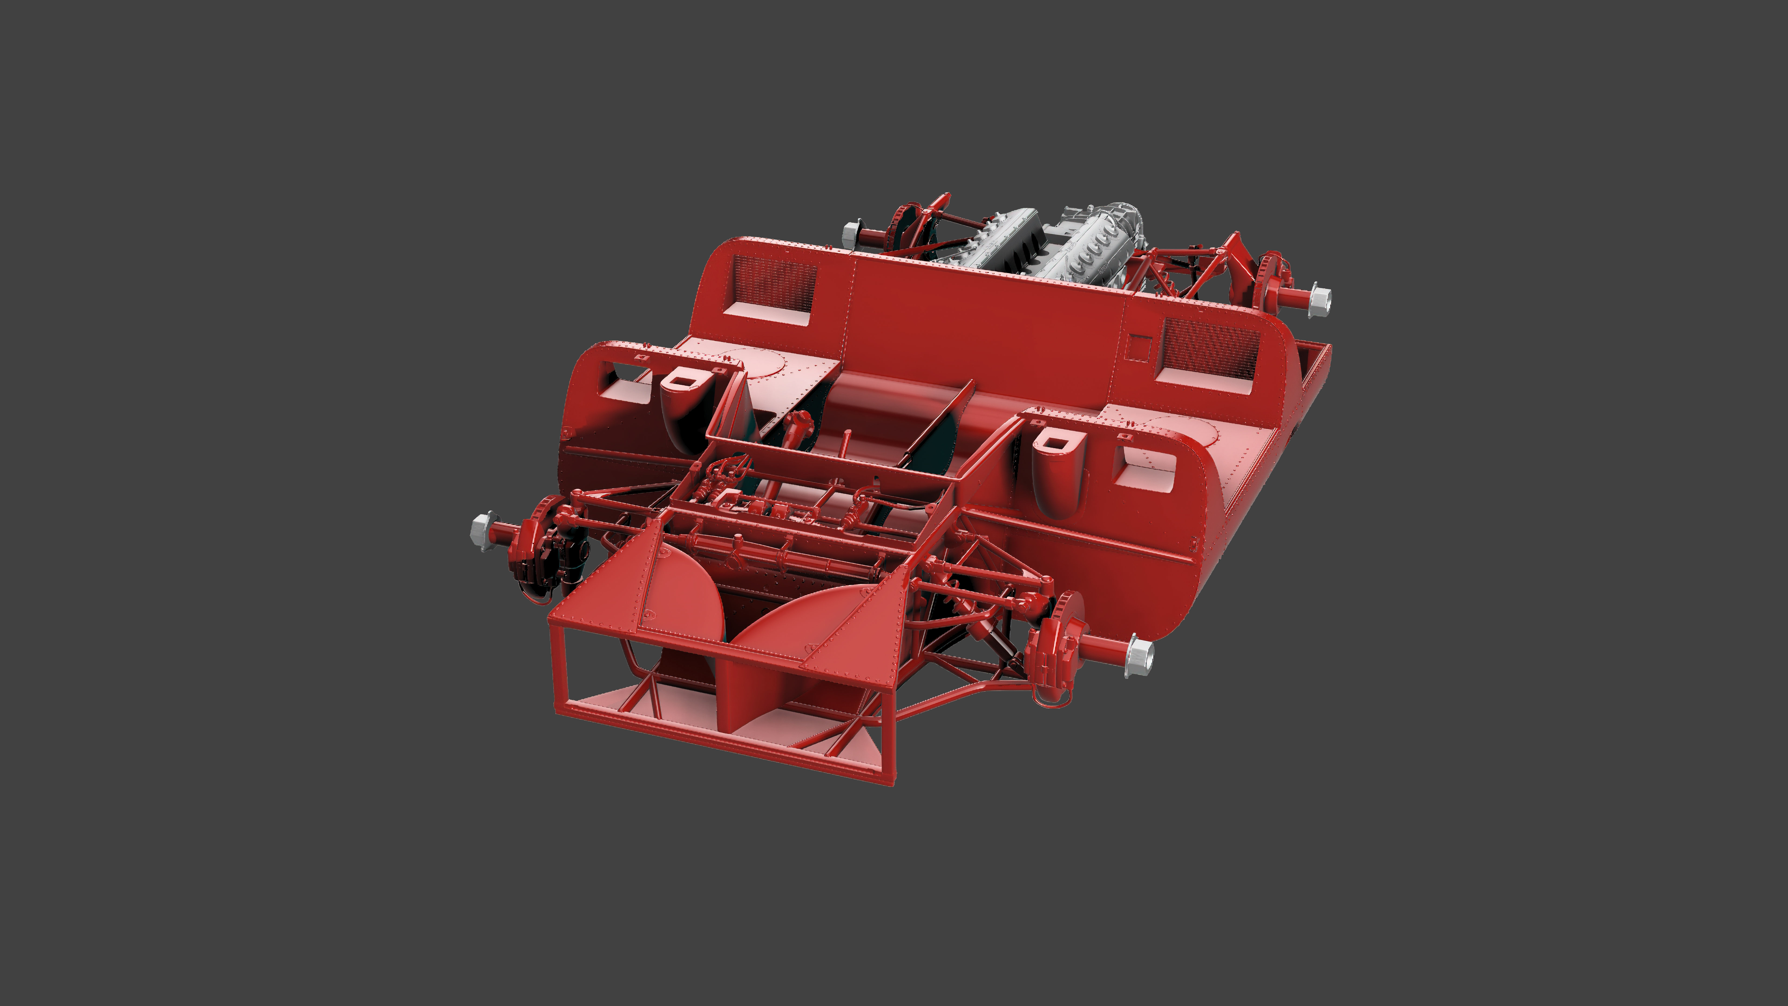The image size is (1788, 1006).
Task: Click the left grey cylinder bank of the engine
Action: click(x=999, y=240)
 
